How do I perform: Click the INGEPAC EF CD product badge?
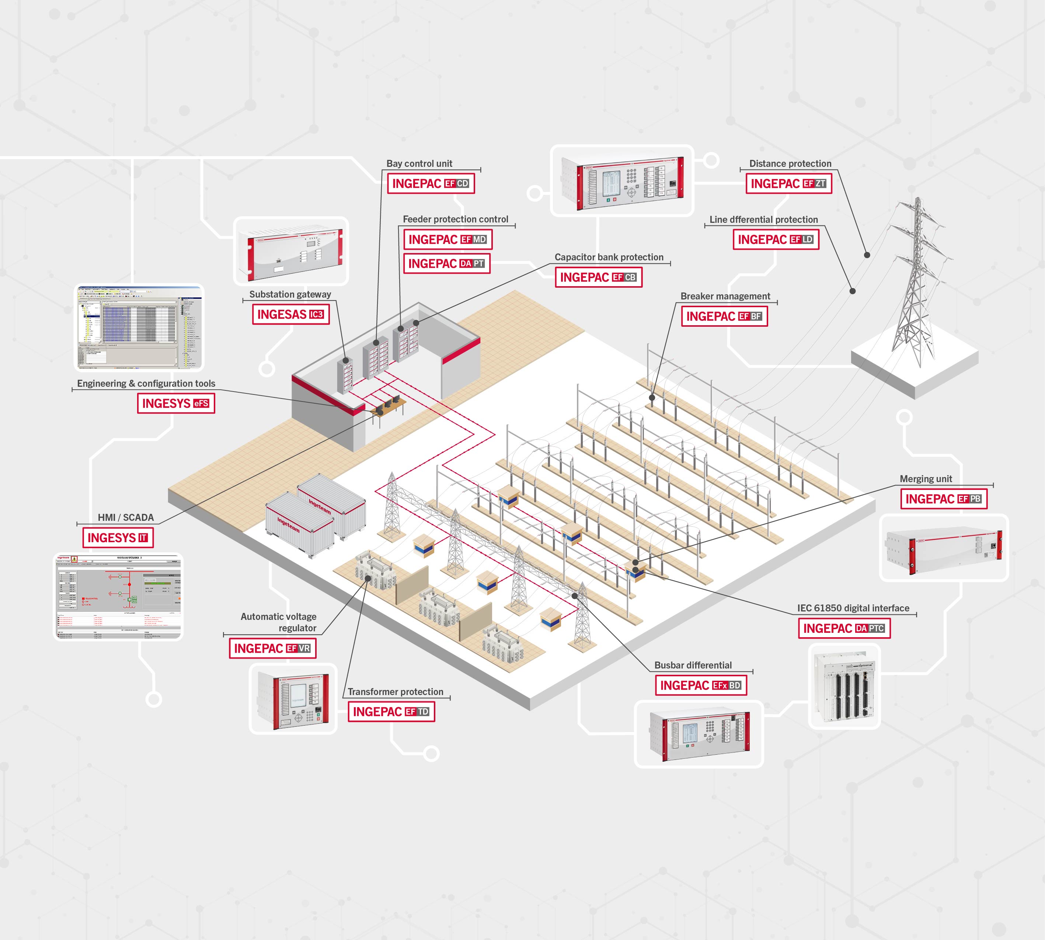[x=431, y=183]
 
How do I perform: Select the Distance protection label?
[x=790, y=163]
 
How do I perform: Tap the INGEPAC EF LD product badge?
[x=776, y=240]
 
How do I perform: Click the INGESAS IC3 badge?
[x=290, y=314]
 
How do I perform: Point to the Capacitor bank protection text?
[x=609, y=257]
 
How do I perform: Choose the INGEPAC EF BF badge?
[x=724, y=316]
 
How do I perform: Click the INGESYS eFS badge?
[x=176, y=403]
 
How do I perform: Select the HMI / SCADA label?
[x=126, y=517]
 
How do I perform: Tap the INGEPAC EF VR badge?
[x=272, y=648]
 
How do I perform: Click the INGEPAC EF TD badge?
[x=391, y=712]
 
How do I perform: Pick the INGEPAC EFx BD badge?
[x=701, y=685]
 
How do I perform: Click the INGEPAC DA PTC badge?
[x=844, y=628]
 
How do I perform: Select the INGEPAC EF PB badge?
[x=944, y=499]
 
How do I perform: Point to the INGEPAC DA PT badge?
[x=446, y=263]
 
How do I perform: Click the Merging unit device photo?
[x=944, y=548]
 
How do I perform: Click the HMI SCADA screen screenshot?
[x=118, y=597]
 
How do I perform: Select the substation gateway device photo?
[x=291, y=251]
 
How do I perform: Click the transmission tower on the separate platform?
[x=916, y=289]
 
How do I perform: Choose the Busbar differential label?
[x=693, y=665]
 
